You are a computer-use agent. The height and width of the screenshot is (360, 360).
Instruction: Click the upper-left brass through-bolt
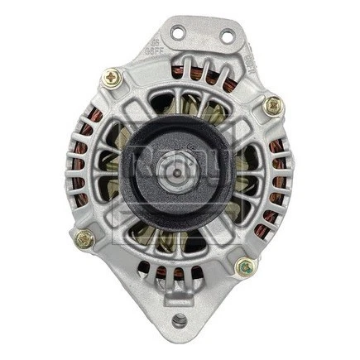click(x=112, y=78)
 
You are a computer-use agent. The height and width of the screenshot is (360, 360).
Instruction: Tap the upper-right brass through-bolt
click(x=272, y=106)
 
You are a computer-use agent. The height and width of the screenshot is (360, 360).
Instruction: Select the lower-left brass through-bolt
click(x=84, y=239)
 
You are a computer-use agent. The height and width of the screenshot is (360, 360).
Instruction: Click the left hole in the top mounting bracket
click(x=176, y=32)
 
